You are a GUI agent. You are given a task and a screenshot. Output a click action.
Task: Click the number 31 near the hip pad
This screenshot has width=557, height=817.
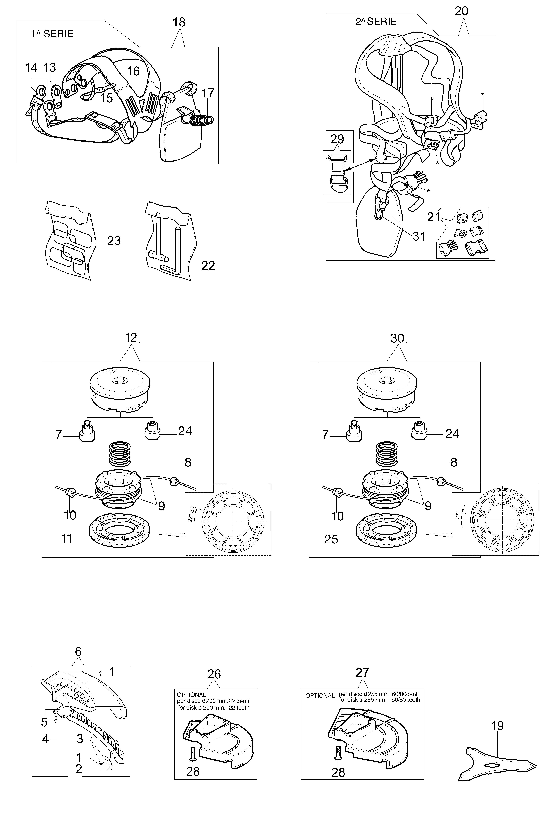419,236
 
